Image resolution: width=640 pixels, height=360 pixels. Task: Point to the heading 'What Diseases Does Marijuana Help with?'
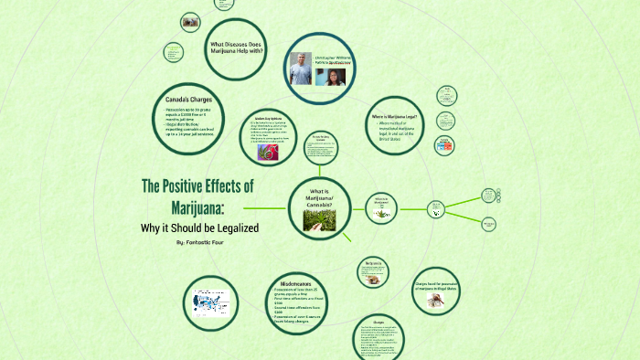[x=237, y=48]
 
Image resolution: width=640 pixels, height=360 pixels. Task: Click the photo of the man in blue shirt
[x=300, y=68]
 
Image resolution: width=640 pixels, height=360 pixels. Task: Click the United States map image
[x=213, y=301]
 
